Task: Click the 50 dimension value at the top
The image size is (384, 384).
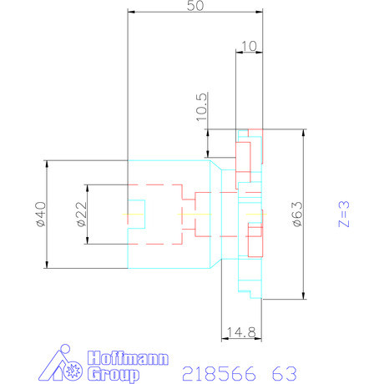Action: click(x=195, y=6)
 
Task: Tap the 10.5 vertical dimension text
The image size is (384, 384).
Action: click(x=200, y=108)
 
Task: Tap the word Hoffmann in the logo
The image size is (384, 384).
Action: click(x=127, y=359)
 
